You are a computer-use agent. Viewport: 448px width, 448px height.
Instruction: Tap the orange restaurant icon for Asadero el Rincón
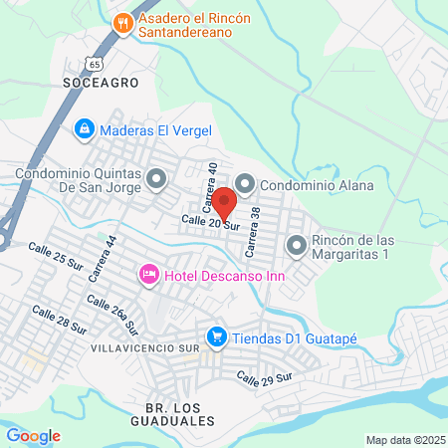tap(123, 24)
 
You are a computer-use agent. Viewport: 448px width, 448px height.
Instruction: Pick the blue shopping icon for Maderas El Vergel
tap(86, 130)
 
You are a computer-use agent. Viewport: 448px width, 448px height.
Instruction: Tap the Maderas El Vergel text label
tap(156, 130)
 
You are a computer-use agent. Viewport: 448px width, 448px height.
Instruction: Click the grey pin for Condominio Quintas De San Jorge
tap(155, 179)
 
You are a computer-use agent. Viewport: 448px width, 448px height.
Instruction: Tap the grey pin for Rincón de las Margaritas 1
tap(296, 245)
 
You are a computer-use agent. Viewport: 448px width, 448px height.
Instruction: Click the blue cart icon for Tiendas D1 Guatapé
tap(216, 337)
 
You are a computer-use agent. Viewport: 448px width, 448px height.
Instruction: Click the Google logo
tap(33, 435)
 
